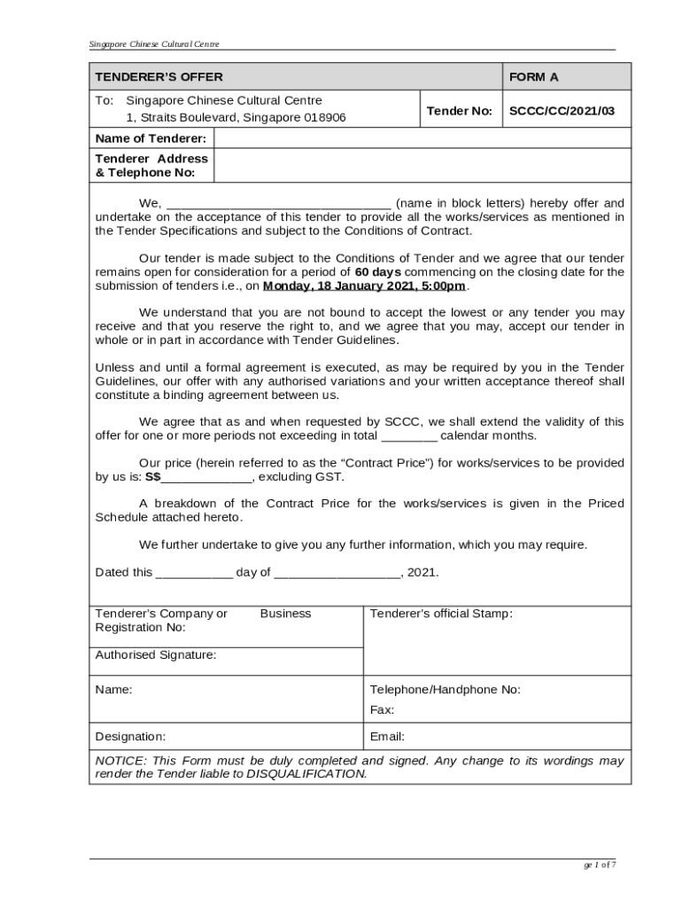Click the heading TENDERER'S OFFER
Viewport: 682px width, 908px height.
tap(159, 77)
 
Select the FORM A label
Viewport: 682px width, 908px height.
tap(533, 77)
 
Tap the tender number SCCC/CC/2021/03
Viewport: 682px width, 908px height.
tap(562, 111)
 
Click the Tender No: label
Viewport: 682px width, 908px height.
tap(459, 111)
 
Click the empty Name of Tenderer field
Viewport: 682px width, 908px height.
tap(422, 138)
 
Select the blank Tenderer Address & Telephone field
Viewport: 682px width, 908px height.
tap(422, 166)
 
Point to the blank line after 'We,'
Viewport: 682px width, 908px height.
tap(278, 203)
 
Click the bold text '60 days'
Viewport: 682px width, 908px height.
tap(377, 272)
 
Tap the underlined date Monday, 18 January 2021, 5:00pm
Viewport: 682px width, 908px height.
tap(364, 286)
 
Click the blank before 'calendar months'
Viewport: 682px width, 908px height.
tap(409, 436)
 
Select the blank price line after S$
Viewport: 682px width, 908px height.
tap(207, 477)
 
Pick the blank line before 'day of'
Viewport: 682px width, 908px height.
tap(194, 573)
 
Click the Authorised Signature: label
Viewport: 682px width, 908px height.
tap(155, 655)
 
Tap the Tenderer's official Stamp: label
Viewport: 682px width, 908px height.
tap(440, 614)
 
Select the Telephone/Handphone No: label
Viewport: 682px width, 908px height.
tap(445, 690)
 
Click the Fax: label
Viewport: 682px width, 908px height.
tap(382, 710)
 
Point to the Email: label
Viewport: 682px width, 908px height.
tap(387, 737)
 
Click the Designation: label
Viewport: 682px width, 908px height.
tap(129, 737)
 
